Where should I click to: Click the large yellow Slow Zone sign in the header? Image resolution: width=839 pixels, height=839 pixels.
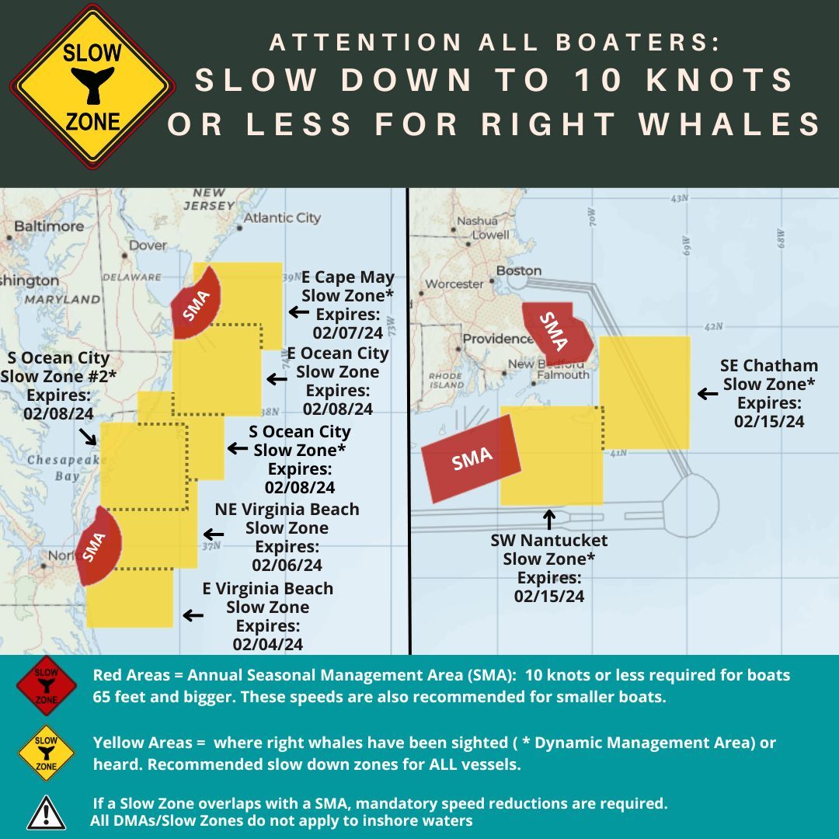pos(92,86)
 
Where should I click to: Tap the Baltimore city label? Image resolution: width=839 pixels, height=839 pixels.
pos(48,226)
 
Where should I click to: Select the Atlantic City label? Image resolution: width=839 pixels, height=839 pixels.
pos(282,218)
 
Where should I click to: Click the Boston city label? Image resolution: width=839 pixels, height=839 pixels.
pos(518,270)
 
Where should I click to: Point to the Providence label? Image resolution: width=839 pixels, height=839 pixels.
pos(498,339)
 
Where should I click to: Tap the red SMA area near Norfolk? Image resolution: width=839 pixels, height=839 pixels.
pos(97,544)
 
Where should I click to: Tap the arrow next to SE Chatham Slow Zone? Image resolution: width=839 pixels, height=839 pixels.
pos(707,394)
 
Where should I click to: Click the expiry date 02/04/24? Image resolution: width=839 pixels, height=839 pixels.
pos(267,644)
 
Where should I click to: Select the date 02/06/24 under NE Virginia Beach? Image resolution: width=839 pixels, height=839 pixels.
pos(287,566)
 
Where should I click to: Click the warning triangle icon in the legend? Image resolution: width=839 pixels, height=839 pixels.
pos(46,812)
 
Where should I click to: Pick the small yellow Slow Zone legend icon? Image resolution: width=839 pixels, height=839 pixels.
pos(47,752)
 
